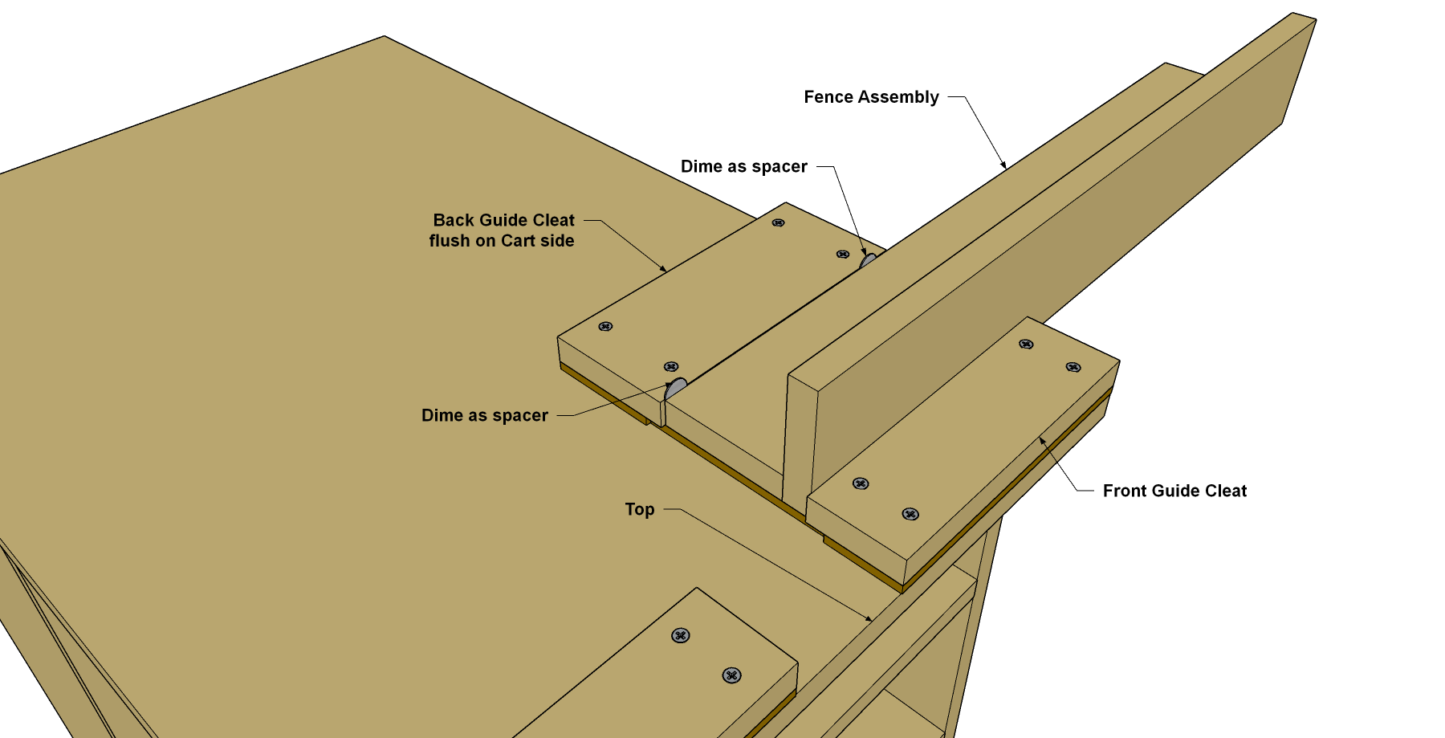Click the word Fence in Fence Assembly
click(828, 97)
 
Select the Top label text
click(640, 510)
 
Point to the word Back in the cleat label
click(454, 220)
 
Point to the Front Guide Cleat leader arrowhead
click(1042, 440)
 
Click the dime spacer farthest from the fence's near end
click(869, 261)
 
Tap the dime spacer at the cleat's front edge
click(676, 389)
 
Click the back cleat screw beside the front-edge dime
click(671, 367)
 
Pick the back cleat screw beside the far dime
click(843, 254)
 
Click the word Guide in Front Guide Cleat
click(1174, 491)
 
